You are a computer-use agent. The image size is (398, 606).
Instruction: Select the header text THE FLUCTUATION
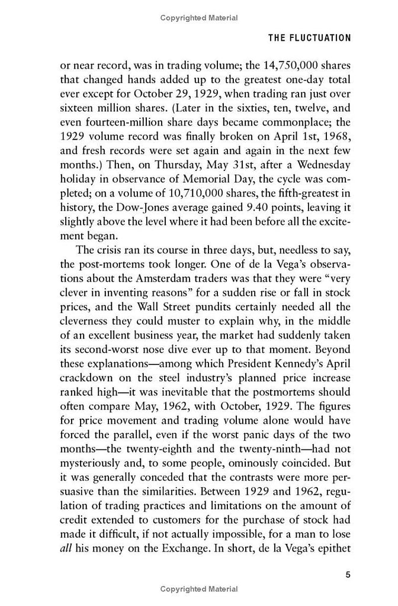[310, 37]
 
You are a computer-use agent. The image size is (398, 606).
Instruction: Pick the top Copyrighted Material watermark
[199, 18]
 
